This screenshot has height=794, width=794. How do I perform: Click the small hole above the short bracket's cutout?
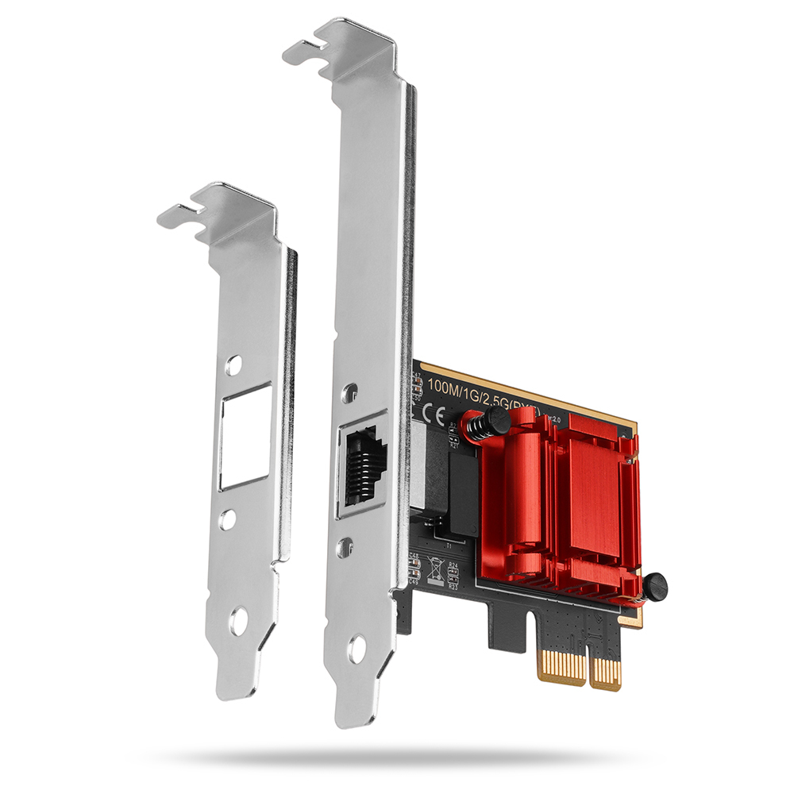coord(233,365)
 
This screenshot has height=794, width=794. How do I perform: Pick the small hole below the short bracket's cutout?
coord(228,520)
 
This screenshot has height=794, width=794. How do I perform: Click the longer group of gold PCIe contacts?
coord(562,664)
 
